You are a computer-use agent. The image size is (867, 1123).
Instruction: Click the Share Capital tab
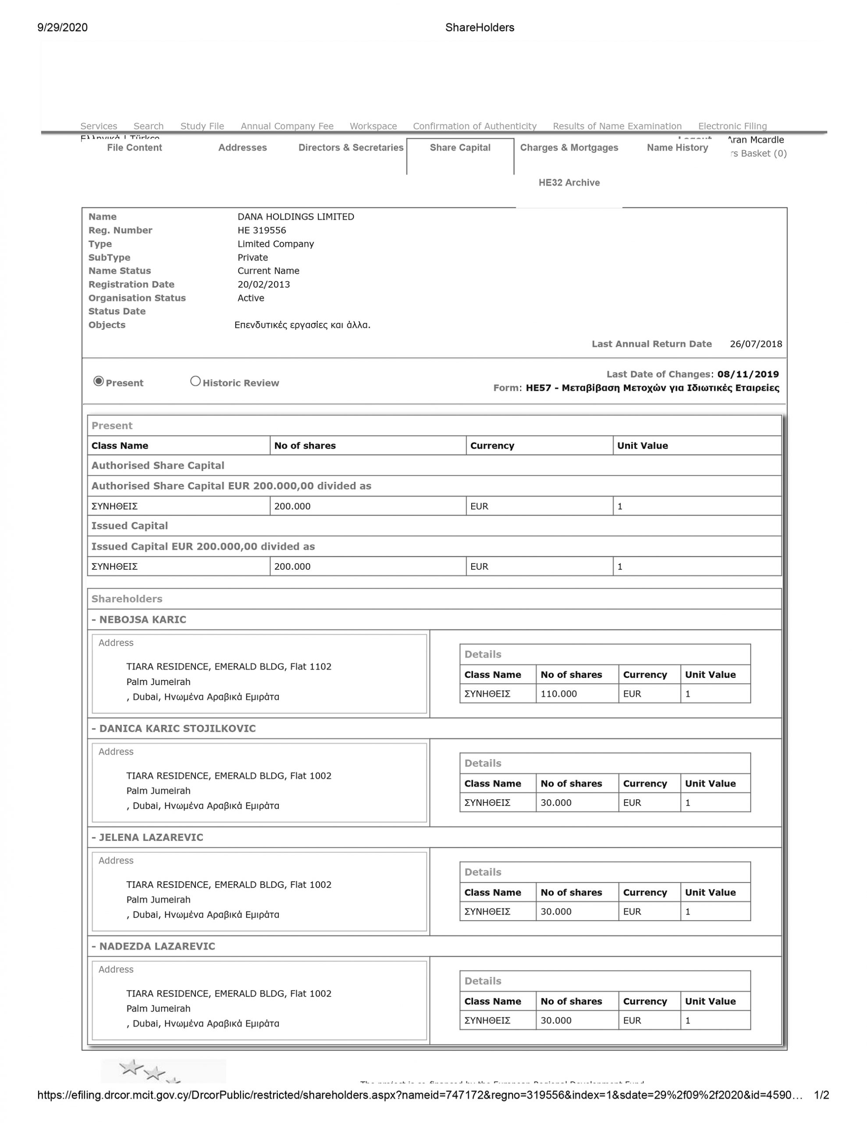[460, 147]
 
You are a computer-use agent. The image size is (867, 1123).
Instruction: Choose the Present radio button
[99, 381]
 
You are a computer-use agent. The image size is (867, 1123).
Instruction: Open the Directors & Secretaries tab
[351, 147]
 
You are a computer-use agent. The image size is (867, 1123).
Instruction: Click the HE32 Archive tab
[569, 182]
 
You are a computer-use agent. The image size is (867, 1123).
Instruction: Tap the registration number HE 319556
[262, 230]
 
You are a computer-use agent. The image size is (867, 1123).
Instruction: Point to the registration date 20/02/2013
[263, 284]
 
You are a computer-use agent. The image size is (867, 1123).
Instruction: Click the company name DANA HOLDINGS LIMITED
[295, 216]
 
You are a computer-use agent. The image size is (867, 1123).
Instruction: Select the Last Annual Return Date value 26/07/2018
[756, 344]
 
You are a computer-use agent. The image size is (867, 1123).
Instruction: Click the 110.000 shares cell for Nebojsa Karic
[559, 694]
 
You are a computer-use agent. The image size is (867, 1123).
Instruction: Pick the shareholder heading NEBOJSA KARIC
[142, 619]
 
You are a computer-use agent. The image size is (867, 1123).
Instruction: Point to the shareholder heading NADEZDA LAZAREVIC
[157, 947]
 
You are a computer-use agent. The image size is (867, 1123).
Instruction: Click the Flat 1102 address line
[229, 667]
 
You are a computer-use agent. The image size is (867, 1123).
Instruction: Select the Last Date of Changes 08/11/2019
[748, 374]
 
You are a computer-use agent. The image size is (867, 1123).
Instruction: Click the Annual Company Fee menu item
[287, 126]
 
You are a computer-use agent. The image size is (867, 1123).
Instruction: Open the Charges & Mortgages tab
[569, 147]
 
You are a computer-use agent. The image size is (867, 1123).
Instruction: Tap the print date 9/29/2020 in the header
[62, 28]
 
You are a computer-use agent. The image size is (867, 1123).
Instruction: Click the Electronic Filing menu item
[732, 126]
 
